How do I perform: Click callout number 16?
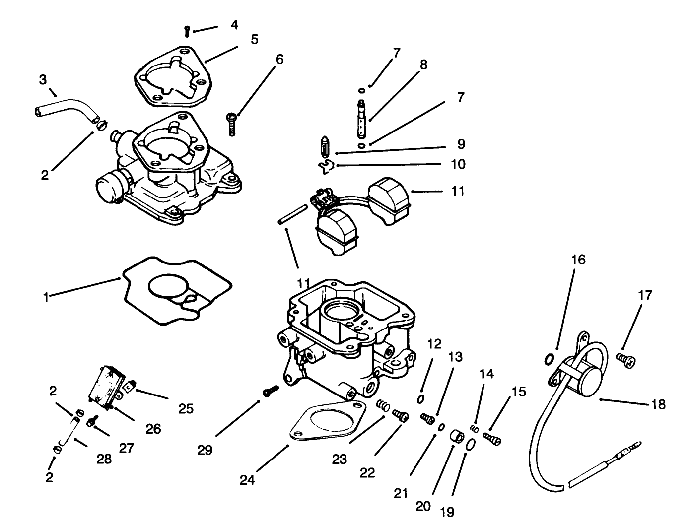click(x=578, y=260)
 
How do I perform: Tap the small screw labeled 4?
click(x=186, y=31)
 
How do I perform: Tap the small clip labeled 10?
click(x=326, y=167)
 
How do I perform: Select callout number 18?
click(x=658, y=404)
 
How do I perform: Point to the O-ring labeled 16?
click(x=550, y=358)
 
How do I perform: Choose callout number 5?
click(x=254, y=39)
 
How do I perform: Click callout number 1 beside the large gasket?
click(x=46, y=298)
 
